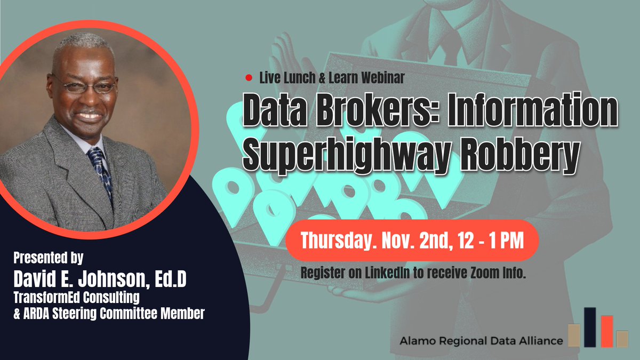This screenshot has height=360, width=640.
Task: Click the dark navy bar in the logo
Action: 590,327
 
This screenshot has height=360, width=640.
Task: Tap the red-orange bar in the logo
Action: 606,331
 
